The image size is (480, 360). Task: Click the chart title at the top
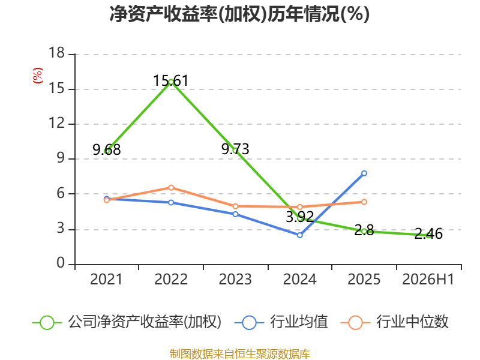[239, 14]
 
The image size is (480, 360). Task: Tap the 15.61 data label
[171, 81]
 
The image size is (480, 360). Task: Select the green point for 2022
[171, 82]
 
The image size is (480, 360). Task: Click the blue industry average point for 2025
[364, 173]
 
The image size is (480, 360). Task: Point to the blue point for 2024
[299, 235]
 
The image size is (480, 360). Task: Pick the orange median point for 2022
[171, 187]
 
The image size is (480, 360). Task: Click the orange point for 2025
[364, 202]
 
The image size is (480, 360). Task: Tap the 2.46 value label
[428, 234]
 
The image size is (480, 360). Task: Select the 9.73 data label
[235, 149]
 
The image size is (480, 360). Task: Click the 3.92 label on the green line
[299, 217]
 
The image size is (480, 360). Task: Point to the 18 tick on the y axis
[56, 53]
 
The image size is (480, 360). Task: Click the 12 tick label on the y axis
[56, 123]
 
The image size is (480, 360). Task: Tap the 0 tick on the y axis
[61, 263]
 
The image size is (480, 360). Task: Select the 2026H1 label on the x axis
[428, 280]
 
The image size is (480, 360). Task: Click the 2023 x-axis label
[235, 280]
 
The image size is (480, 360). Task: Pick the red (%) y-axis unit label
[38, 76]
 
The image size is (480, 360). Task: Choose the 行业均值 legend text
[299, 322]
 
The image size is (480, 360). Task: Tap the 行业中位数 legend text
[412, 322]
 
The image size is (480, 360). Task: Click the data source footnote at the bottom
[239, 354]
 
